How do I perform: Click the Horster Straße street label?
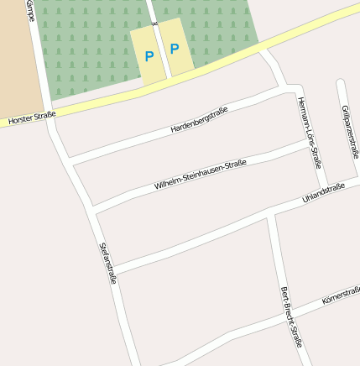32,118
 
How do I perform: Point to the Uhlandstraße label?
323,196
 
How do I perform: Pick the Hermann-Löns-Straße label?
310,132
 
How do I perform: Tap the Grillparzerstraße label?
351,132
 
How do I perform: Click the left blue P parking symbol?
149,57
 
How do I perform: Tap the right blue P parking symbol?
175,49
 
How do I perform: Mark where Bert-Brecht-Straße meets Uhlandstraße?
270,213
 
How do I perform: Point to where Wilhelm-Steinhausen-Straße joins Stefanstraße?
91,208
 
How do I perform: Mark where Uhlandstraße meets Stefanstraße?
112,270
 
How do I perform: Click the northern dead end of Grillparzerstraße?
340,82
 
